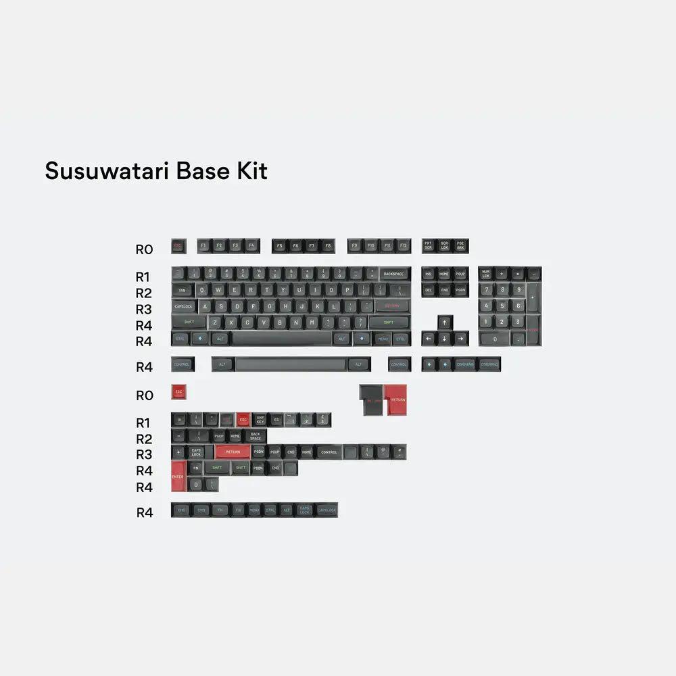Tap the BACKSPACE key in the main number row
(x=393, y=274)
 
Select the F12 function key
(x=403, y=246)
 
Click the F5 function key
(x=279, y=246)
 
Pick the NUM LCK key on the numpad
(x=485, y=274)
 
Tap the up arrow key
(x=444, y=322)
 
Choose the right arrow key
(x=460, y=339)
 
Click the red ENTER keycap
(x=178, y=476)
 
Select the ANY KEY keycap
(x=260, y=420)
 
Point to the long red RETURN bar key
(x=233, y=452)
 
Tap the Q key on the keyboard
(x=202, y=289)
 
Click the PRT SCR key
(x=428, y=246)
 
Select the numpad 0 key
(x=494, y=339)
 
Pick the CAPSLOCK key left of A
(x=183, y=306)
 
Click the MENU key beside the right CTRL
(x=383, y=339)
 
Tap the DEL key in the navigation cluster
(x=428, y=290)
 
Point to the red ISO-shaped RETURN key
(x=397, y=399)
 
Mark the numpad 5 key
(x=502, y=306)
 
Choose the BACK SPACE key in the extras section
(x=256, y=436)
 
